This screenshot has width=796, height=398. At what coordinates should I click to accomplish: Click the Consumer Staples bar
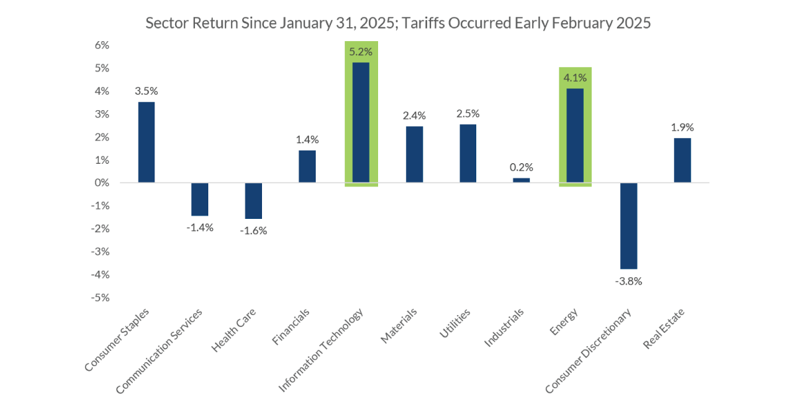(146, 142)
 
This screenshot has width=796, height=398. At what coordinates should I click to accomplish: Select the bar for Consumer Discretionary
(629, 226)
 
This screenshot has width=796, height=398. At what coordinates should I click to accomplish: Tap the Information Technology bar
(361, 122)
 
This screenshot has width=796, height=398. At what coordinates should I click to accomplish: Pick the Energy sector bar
(575, 135)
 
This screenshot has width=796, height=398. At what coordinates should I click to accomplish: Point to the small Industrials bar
(521, 180)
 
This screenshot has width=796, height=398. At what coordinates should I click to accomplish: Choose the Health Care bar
(253, 200)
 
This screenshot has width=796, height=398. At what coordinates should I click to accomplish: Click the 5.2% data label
(361, 50)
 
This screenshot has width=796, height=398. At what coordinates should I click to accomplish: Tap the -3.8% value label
(629, 281)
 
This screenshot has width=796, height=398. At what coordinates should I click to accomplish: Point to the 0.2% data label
(521, 166)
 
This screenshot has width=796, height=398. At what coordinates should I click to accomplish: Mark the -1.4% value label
(200, 228)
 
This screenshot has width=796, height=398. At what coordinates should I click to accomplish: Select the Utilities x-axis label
(455, 323)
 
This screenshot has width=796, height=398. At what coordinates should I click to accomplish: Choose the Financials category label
(291, 327)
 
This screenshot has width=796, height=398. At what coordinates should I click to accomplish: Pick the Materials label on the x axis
(399, 326)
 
